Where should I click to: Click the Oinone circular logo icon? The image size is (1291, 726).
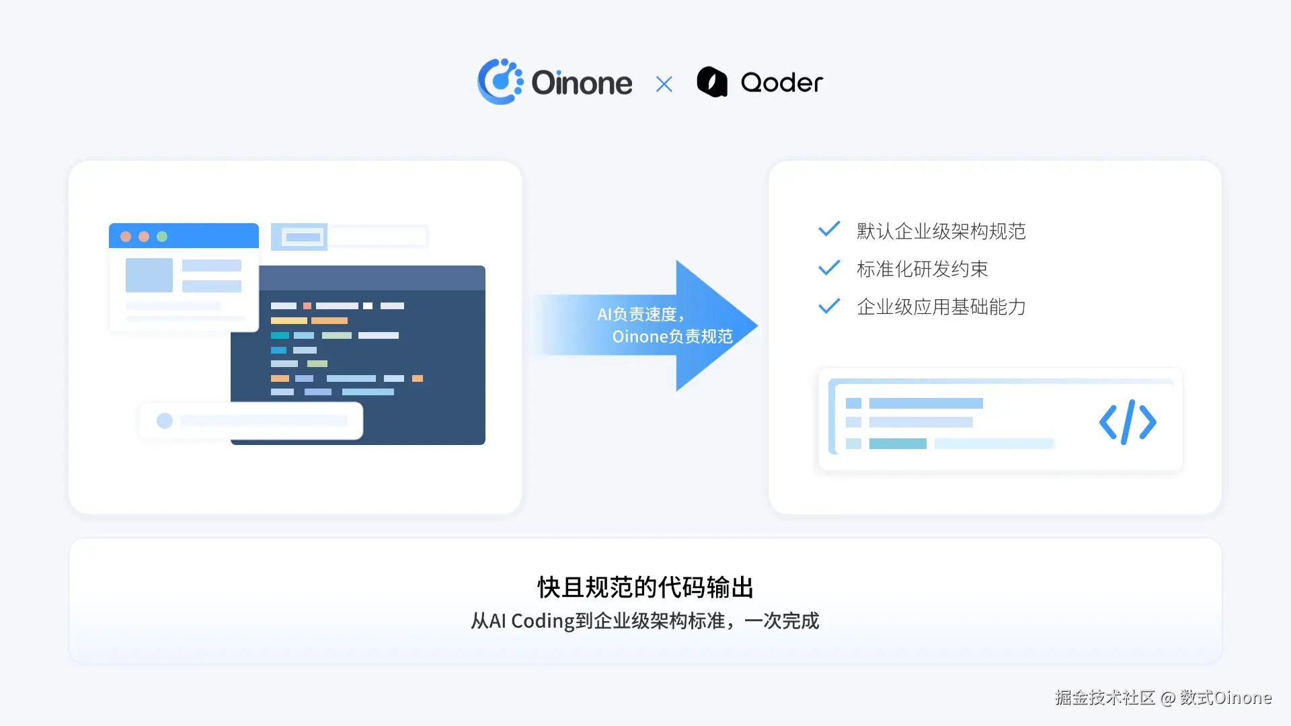(500, 82)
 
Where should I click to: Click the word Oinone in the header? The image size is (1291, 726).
(582, 83)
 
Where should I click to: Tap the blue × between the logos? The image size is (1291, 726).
(664, 84)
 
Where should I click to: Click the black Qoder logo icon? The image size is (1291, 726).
(712, 82)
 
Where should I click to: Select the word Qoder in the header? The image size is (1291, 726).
(781, 83)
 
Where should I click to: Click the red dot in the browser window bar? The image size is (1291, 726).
(126, 237)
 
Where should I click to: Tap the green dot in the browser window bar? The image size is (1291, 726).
(162, 237)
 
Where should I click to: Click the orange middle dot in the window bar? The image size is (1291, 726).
(144, 237)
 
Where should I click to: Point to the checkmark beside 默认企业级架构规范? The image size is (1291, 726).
(829, 229)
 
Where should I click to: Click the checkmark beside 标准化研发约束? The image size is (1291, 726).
(829, 268)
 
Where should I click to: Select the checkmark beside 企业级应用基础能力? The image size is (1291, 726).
(829, 306)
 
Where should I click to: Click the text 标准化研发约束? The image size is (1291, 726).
(922, 269)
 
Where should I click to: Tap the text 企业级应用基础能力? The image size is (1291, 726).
(941, 307)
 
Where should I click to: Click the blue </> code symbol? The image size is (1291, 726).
(1128, 422)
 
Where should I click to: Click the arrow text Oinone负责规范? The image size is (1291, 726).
(672, 336)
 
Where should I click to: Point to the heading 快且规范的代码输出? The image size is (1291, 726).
(645, 587)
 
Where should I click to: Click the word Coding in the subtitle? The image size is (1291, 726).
(542, 620)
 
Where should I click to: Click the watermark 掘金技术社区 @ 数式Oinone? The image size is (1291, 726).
(1163, 698)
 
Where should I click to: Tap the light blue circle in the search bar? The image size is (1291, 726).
(165, 421)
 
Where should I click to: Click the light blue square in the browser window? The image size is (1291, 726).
(149, 275)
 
